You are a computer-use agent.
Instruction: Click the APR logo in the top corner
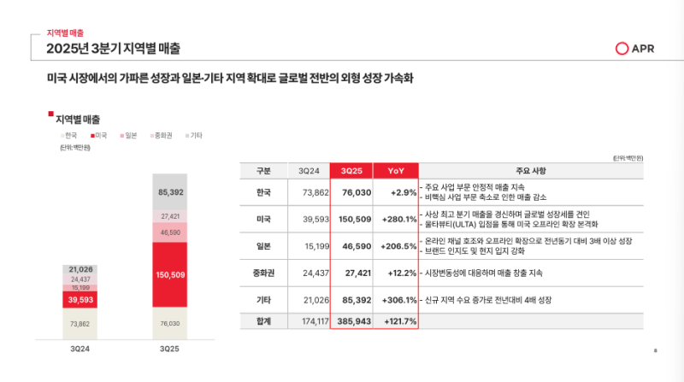[635, 49]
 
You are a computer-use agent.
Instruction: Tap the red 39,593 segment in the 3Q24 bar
[80, 300]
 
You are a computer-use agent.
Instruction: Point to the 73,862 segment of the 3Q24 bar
[80, 324]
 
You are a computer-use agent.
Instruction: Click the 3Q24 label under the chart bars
[80, 350]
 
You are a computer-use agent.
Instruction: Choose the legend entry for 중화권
[162, 135]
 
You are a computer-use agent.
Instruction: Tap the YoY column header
[396, 170]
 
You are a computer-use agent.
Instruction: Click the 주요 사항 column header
[531, 170]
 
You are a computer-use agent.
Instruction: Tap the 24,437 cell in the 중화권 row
[309, 273]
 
